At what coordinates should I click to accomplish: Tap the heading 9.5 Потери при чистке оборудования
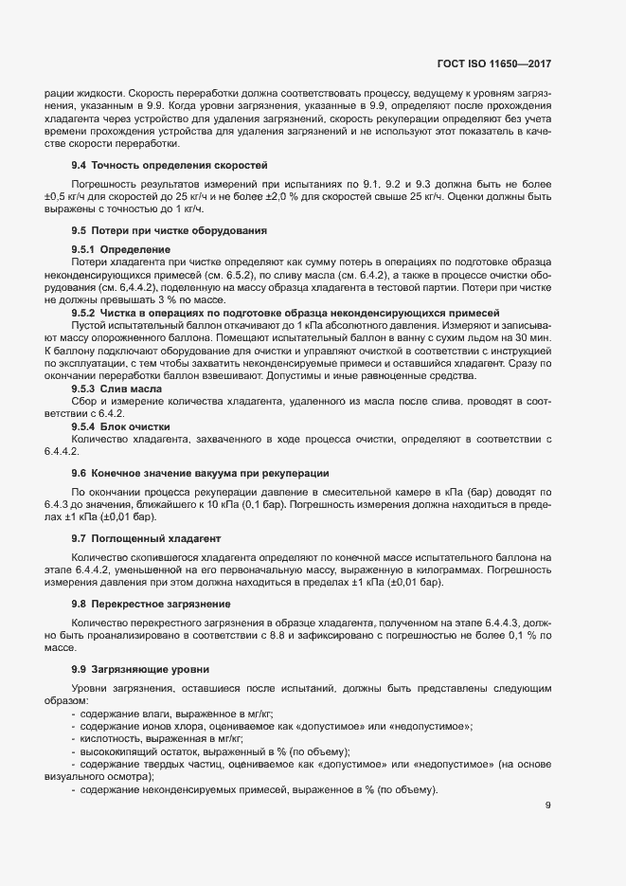(x=169, y=230)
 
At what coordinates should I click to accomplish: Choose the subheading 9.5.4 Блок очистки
(x=121, y=427)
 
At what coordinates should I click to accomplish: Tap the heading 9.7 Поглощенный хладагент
(x=152, y=538)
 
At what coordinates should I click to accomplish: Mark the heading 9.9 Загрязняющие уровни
(x=143, y=669)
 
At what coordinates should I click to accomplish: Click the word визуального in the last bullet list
(x=79, y=775)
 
